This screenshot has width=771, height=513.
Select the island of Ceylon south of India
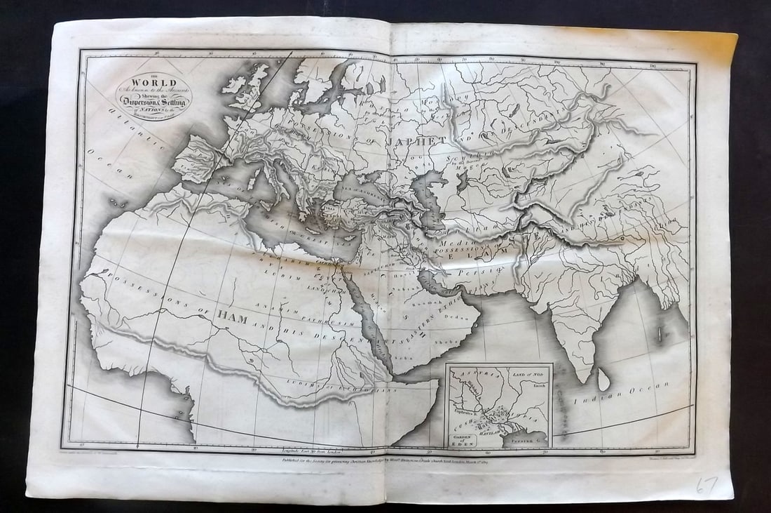[x=601, y=380]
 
